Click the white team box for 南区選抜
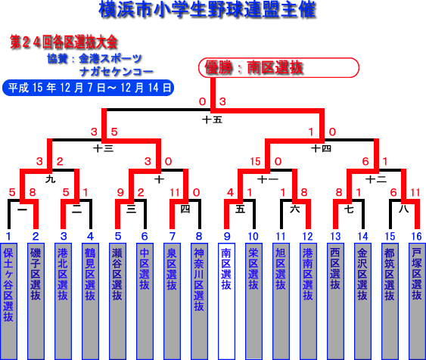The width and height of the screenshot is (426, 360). (226, 301)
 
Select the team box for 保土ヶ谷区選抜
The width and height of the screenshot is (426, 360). (8, 301)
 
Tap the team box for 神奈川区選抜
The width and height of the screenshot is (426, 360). (199, 301)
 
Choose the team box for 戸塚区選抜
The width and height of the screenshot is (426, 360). (417, 301)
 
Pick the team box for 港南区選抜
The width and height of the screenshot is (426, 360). (308, 301)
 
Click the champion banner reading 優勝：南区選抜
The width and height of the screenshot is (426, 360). (278, 67)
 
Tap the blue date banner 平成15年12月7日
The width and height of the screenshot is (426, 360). (88, 88)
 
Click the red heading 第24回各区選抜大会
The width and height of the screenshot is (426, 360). (64, 42)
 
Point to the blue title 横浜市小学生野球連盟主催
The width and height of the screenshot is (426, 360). (207, 10)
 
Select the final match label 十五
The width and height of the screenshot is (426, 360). (212, 119)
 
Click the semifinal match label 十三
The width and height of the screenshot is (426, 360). (103, 148)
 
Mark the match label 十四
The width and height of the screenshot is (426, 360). (321, 148)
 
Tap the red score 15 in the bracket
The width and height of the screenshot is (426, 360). (256, 162)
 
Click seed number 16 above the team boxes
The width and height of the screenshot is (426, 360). (416, 237)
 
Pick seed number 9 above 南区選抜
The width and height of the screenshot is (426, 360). (227, 237)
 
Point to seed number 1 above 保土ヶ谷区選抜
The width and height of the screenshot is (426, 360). (8, 237)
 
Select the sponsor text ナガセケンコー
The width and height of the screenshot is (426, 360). (117, 72)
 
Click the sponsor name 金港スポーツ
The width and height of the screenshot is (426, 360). (110, 59)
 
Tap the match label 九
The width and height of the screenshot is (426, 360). (50, 179)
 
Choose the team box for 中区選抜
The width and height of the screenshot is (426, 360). (145, 301)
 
